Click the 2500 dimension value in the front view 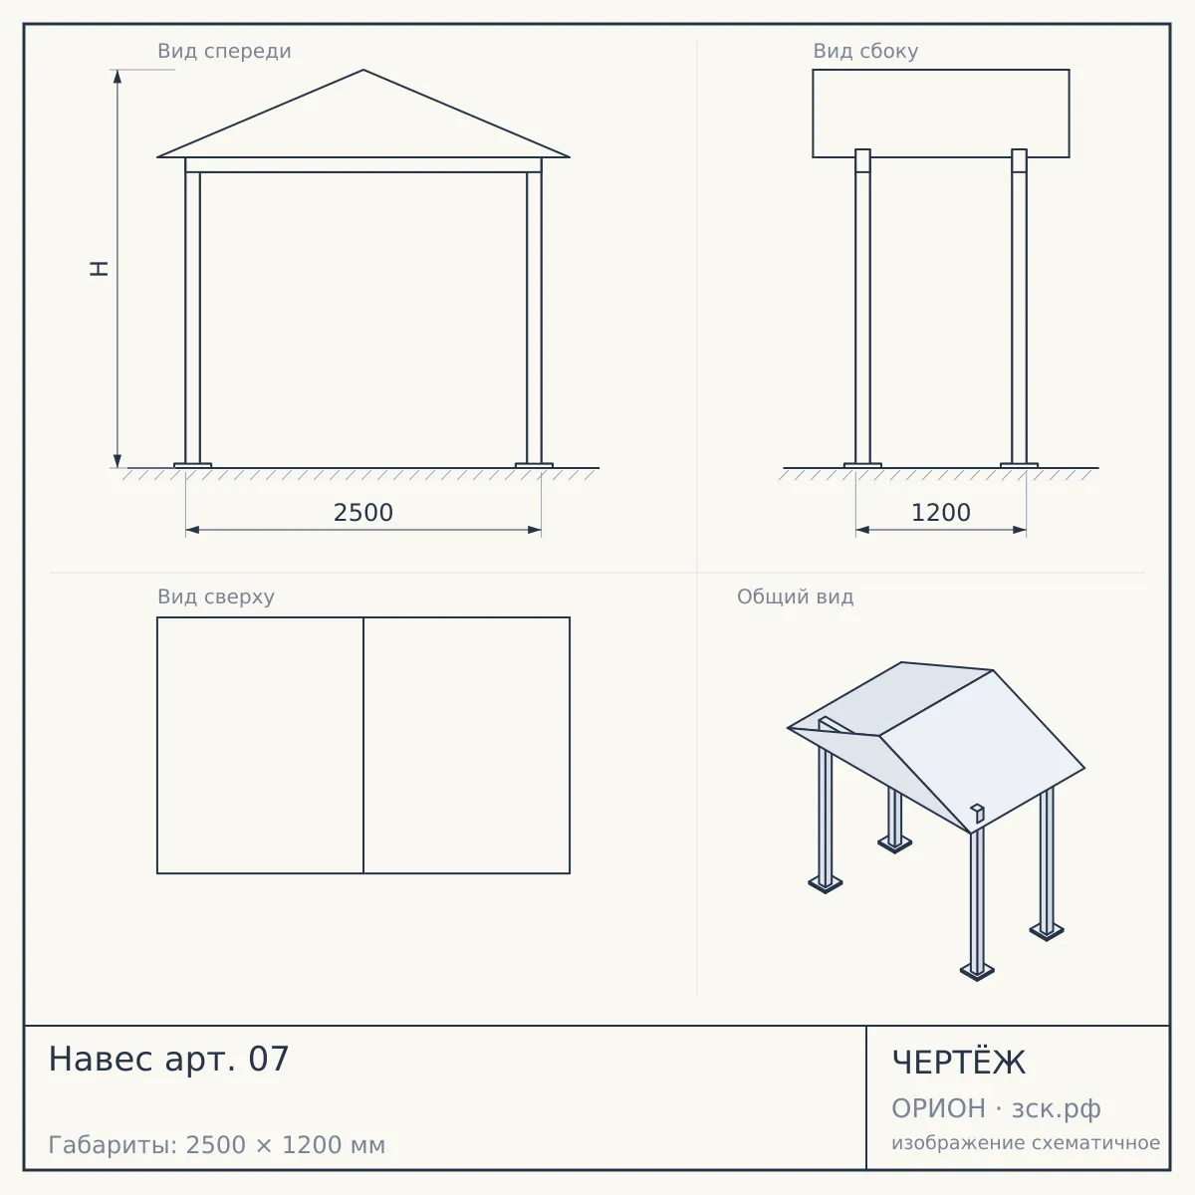(363, 512)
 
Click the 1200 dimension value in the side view (941, 512)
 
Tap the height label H (100, 269)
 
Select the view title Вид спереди (224, 51)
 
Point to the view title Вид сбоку (865, 51)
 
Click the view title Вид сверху (216, 597)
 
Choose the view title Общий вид (795, 597)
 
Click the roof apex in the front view (363, 70)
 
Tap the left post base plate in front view (192, 465)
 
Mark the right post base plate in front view (534, 465)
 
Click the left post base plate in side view (862, 465)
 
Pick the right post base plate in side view (1019, 465)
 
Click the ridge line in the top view (363, 745)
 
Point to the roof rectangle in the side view (941, 70)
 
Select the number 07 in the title (269, 1059)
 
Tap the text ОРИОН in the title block (938, 1108)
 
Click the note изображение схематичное (1026, 1143)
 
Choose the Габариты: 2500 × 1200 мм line (216, 1145)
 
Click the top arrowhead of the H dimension (118, 77)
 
